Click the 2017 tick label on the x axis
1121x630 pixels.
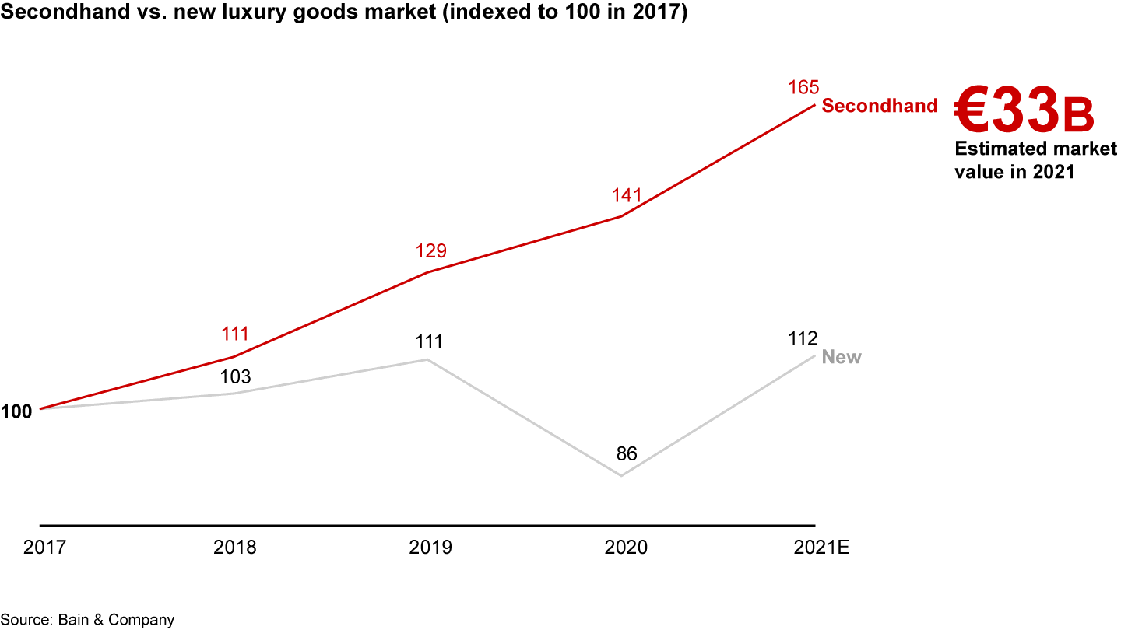(44, 548)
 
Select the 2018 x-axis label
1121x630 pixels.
(234, 548)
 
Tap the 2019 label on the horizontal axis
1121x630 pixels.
(430, 548)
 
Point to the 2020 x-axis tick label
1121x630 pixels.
(626, 548)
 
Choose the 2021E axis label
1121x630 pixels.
(821, 548)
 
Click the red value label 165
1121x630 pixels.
(803, 88)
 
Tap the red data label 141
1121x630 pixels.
(626, 195)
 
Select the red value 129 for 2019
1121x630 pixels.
(430, 251)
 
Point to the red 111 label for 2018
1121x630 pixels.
(234, 334)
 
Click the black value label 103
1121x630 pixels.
(234, 377)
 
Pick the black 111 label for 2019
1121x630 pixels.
(428, 342)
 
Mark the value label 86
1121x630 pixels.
(626, 454)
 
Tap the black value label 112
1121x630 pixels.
(802, 339)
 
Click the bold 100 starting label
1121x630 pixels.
(16, 411)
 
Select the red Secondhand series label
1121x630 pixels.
(880, 107)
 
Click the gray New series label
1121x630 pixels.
(842, 358)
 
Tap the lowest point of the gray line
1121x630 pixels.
(621, 475)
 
